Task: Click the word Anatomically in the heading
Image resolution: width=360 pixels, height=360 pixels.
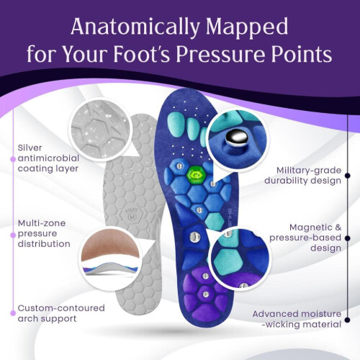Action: pyautogui.click(x=135, y=27)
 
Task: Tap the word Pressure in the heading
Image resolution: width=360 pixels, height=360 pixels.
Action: pyautogui.click(x=220, y=54)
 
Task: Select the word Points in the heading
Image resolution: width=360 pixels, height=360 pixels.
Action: pyautogui.click(x=302, y=54)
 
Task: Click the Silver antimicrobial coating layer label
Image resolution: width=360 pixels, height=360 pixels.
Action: pyautogui.click(x=48, y=158)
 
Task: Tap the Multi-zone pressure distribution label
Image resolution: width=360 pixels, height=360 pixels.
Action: pyautogui.click(x=44, y=233)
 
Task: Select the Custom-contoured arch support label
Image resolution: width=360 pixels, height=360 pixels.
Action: pyautogui.click(x=61, y=313)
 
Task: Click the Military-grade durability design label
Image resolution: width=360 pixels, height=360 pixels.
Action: pyautogui.click(x=302, y=176)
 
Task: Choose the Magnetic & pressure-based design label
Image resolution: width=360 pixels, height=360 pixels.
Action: pyautogui.click(x=305, y=238)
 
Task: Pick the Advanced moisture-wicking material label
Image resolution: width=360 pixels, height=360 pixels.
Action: pyautogui.click(x=297, y=319)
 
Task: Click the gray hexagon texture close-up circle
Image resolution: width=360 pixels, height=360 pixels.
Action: pyautogui.click(x=100, y=130)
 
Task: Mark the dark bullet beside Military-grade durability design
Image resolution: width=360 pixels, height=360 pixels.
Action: pyautogui.click(x=348, y=176)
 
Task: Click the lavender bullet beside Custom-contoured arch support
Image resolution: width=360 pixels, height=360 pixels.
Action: pyautogui.click(x=13, y=313)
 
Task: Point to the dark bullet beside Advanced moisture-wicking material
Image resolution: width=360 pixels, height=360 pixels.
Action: pyautogui.click(x=348, y=320)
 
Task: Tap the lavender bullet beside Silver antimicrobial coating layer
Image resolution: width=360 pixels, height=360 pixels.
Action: pyautogui.click(x=13, y=159)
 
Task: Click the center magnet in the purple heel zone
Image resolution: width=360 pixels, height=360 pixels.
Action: pyautogui.click(x=205, y=294)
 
